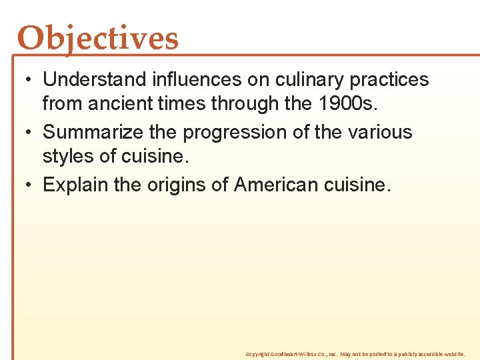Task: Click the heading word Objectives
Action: (x=98, y=39)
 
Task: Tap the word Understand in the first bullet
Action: (x=94, y=80)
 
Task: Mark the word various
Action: (x=379, y=132)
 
